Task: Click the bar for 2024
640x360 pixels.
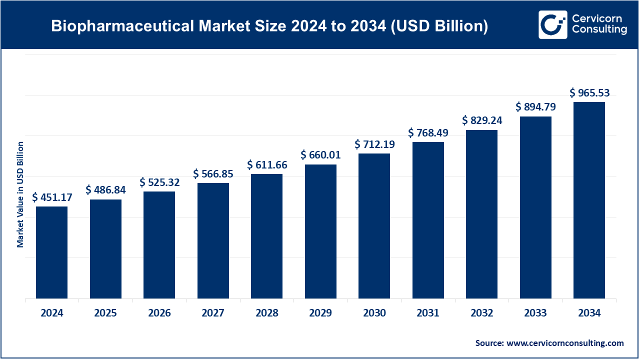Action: (x=51, y=252)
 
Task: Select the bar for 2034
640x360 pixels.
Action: (x=589, y=200)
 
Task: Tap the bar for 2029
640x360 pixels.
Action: (x=320, y=231)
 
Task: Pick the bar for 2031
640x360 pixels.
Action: (x=428, y=220)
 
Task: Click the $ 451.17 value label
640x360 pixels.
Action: (x=52, y=197)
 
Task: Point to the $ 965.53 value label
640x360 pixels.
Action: (x=590, y=93)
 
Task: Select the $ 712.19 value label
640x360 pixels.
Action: (x=374, y=144)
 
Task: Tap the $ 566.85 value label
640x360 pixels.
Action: (x=213, y=174)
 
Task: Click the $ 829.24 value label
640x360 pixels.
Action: (x=482, y=120)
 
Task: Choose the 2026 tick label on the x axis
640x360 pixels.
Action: (x=159, y=313)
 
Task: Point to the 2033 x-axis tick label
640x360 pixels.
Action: (x=535, y=313)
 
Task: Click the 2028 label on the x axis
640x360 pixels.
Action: (x=267, y=313)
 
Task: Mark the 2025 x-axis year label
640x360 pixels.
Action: (x=105, y=313)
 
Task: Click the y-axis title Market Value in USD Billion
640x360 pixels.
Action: (x=20, y=194)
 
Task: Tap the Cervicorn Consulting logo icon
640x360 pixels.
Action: (x=552, y=24)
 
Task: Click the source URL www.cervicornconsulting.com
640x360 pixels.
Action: (x=565, y=343)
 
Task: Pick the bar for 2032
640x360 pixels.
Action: (x=481, y=214)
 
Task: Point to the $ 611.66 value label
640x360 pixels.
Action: (x=267, y=164)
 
